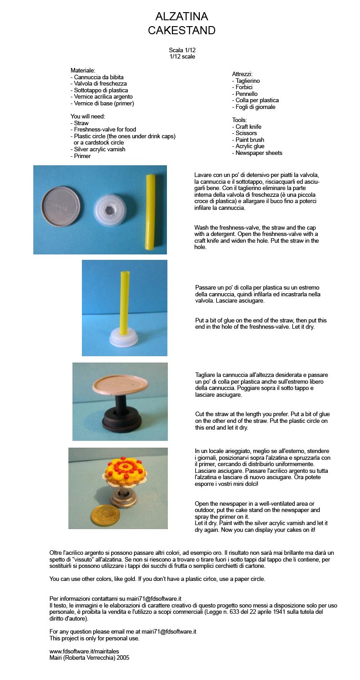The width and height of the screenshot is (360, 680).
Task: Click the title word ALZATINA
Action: click(182, 16)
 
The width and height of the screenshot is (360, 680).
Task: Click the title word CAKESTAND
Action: click(182, 30)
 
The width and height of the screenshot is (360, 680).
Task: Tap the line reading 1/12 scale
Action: click(182, 56)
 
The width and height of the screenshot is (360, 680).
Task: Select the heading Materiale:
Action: click(83, 70)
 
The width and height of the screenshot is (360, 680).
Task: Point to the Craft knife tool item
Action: click(247, 127)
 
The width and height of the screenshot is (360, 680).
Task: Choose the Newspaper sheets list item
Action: click(257, 153)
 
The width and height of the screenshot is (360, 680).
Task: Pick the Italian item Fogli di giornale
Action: click(254, 107)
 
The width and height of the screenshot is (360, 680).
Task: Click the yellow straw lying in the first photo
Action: click(150, 212)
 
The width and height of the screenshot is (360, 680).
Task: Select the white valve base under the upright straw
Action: click(125, 336)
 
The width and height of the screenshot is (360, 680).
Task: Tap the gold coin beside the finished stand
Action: click(104, 517)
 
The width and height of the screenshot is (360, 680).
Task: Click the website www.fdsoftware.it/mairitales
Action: click(84, 651)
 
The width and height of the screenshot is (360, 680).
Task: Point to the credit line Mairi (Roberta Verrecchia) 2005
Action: click(89, 658)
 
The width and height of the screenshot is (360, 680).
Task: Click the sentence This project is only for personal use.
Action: click(94, 638)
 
